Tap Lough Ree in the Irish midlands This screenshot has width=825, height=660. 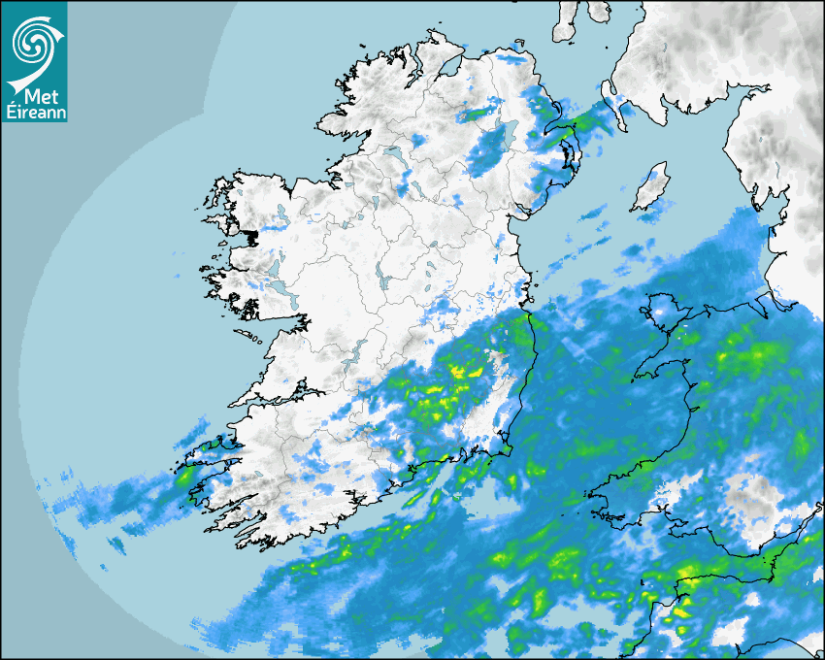pyautogui.click(x=383, y=281)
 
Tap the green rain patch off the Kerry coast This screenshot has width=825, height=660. pyautogui.click(x=182, y=477)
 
